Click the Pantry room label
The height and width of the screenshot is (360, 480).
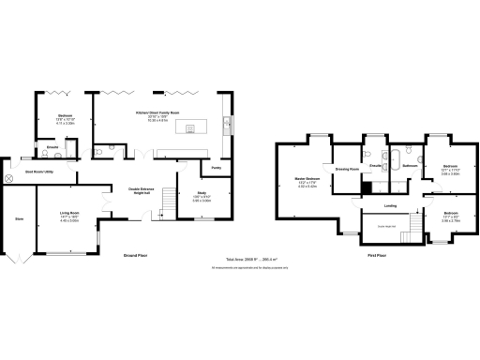point(216,168)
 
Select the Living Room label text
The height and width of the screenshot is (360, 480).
point(68,214)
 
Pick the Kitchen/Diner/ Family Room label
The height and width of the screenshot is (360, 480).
point(157,112)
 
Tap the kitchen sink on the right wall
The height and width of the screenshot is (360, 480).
point(225,125)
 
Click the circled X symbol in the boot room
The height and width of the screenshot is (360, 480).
point(9,178)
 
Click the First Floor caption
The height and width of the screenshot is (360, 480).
point(378,255)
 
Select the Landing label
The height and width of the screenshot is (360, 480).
point(389,206)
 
